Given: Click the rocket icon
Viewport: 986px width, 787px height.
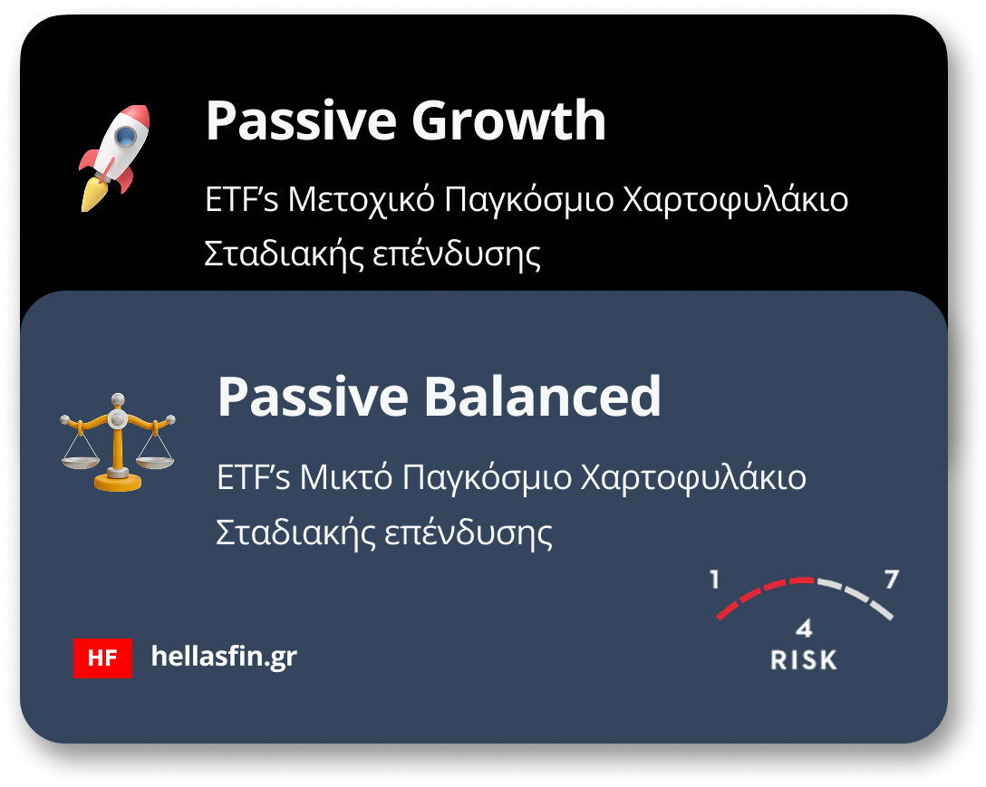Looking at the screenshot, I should coord(114,158).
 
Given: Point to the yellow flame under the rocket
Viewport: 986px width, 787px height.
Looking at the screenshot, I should coord(92,195).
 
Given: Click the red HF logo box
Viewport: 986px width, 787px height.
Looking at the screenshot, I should coord(102,658).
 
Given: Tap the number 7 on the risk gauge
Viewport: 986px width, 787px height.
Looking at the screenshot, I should coord(892,580).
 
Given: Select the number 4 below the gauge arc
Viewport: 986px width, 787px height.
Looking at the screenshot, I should coord(804,629).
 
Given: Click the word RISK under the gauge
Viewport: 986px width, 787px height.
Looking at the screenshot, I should coord(804,660).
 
